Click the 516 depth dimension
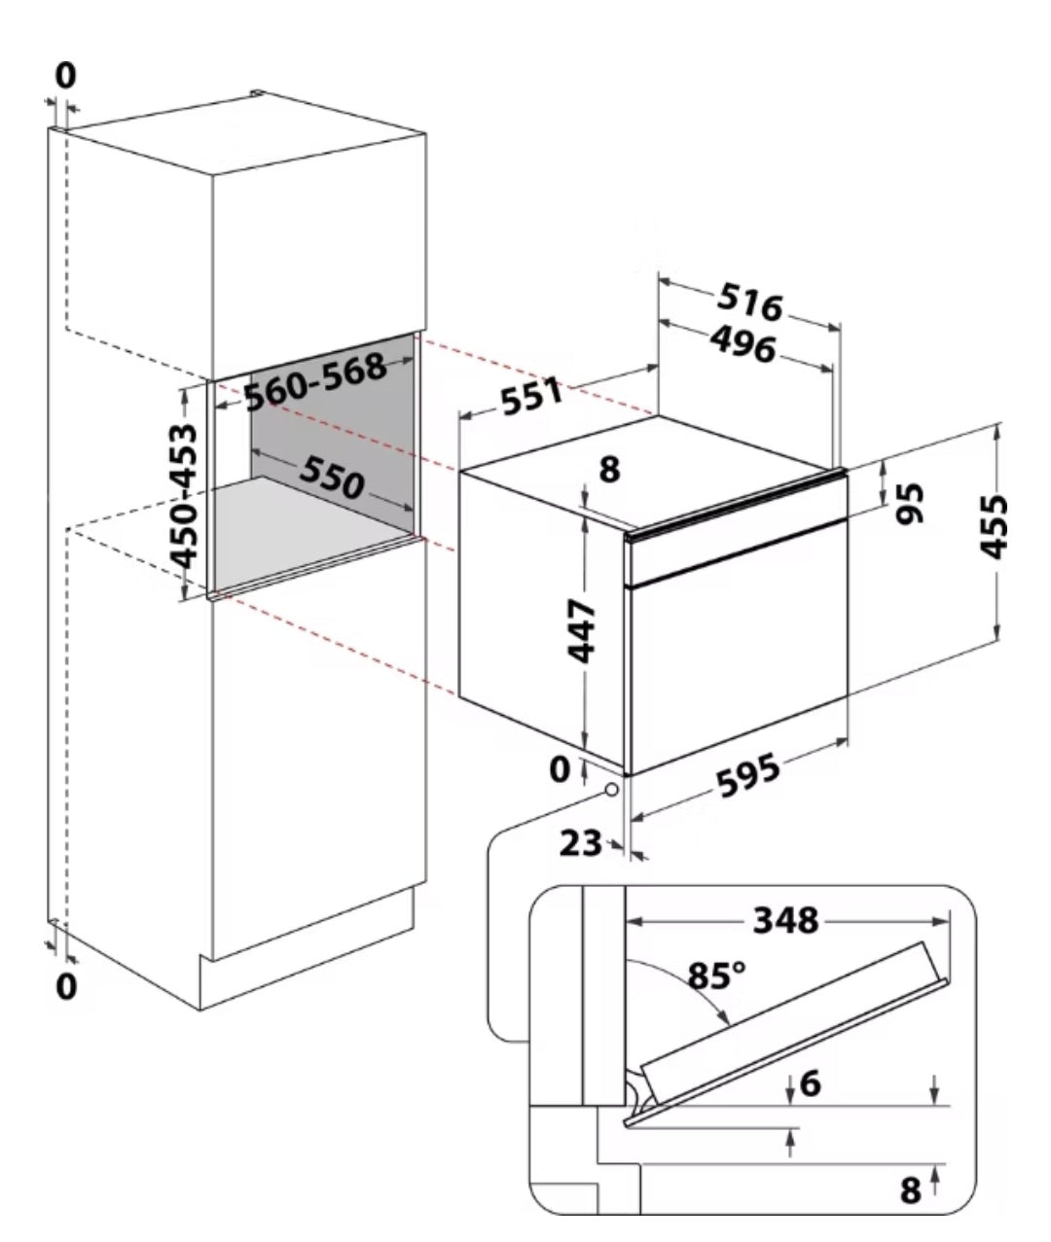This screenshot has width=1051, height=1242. tap(750, 302)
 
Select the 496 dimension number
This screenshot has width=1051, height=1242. tap(743, 344)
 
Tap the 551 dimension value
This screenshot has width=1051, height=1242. tap(532, 397)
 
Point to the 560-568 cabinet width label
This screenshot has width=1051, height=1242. tap(314, 382)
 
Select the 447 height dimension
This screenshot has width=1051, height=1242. tap(581, 631)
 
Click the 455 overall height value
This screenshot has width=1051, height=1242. tap(994, 526)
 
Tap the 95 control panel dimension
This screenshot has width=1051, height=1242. tap(910, 503)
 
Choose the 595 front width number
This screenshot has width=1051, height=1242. tap(749, 776)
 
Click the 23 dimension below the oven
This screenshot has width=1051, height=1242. tap(580, 843)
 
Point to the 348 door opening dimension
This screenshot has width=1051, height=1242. tap(786, 920)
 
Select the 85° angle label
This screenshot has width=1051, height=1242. tap(716, 976)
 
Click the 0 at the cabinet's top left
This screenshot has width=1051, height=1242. tap(65, 76)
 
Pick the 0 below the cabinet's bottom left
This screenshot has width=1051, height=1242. tap(65, 986)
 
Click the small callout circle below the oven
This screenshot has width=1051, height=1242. tap(612, 789)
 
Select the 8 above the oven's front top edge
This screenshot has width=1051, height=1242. tap(609, 470)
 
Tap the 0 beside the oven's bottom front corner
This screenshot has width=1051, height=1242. tap(560, 769)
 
